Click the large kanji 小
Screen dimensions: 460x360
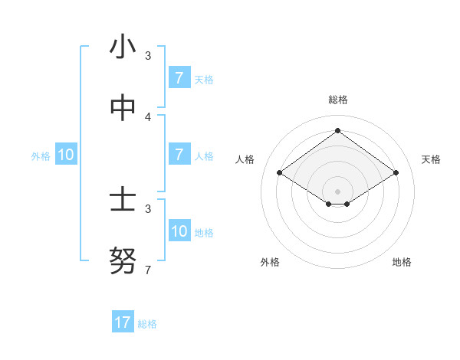(x=123, y=47)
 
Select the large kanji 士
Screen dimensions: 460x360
(x=123, y=201)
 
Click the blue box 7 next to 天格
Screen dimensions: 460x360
(x=179, y=78)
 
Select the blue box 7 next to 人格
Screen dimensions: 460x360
(x=179, y=155)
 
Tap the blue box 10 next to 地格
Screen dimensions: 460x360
(x=179, y=232)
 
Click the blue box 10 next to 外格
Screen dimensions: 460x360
(x=66, y=155)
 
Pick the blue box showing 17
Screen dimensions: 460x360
(x=123, y=322)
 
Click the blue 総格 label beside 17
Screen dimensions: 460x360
(x=147, y=324)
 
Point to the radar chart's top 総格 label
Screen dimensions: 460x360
(x=337, y=100)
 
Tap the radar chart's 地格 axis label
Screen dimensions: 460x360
(x=402, y=262)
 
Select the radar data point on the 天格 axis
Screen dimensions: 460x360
(x=396, y=173)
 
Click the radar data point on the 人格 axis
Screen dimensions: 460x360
(x=279, y=173)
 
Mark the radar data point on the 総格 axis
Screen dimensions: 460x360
(x=337, y=131)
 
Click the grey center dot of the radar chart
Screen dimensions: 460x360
(x=337, y=191)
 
